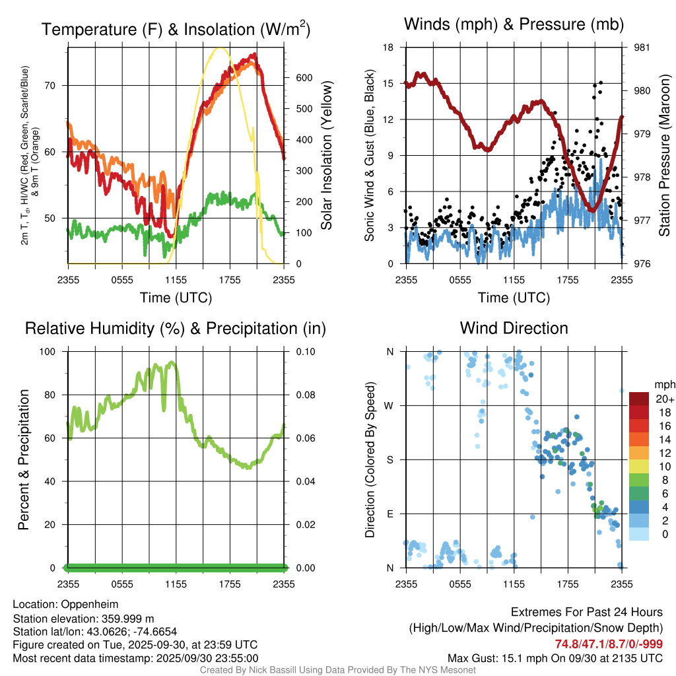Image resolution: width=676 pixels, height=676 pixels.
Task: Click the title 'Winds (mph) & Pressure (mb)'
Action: coord(514,25)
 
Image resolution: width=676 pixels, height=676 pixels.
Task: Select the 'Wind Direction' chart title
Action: coord(514,328)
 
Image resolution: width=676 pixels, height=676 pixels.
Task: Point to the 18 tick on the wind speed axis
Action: coord(388,48)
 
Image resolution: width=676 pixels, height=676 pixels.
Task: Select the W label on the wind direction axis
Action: coord(389,406)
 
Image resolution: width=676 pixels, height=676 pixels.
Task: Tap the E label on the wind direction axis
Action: coord(389,514)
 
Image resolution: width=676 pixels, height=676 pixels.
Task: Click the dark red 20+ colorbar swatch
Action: coord(638,399)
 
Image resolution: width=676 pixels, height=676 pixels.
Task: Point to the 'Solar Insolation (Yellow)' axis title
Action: coord(327,155)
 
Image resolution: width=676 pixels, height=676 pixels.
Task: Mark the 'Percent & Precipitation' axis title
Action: coord(24,459)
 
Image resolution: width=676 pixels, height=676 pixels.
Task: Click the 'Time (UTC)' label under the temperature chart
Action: coord(176,298)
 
